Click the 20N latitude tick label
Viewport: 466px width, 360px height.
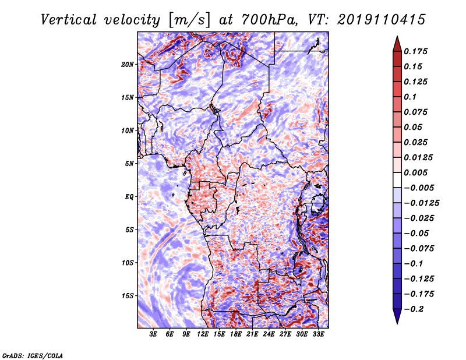pos(128,65)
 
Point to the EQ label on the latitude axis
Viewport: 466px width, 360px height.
pos(129,197)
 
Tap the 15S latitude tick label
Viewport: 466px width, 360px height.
pos(128,296)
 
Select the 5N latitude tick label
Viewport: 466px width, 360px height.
pos(129,164)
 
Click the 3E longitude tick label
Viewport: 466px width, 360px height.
pos(153,334)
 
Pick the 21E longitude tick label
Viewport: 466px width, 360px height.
pos(252,334)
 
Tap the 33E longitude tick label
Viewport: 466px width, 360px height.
pos(318,334)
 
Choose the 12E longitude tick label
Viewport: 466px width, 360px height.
pos(202,334)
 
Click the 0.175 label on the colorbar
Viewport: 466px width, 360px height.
pos(415,51)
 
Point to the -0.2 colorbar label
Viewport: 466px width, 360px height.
pos(414,309)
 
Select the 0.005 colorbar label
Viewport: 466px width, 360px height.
pos(415,172)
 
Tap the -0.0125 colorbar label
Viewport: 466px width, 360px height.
pos(421,203)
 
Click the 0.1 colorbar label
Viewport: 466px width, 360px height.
pos(410,97)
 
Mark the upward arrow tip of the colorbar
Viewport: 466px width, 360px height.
pos(397,36)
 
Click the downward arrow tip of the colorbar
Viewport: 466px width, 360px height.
pos(397,323)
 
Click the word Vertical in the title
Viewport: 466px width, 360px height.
pos(69,20)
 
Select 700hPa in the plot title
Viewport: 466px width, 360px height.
pos(269,20)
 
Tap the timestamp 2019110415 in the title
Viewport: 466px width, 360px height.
pos(382,20)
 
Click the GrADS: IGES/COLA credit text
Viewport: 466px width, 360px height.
pos(33,355)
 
